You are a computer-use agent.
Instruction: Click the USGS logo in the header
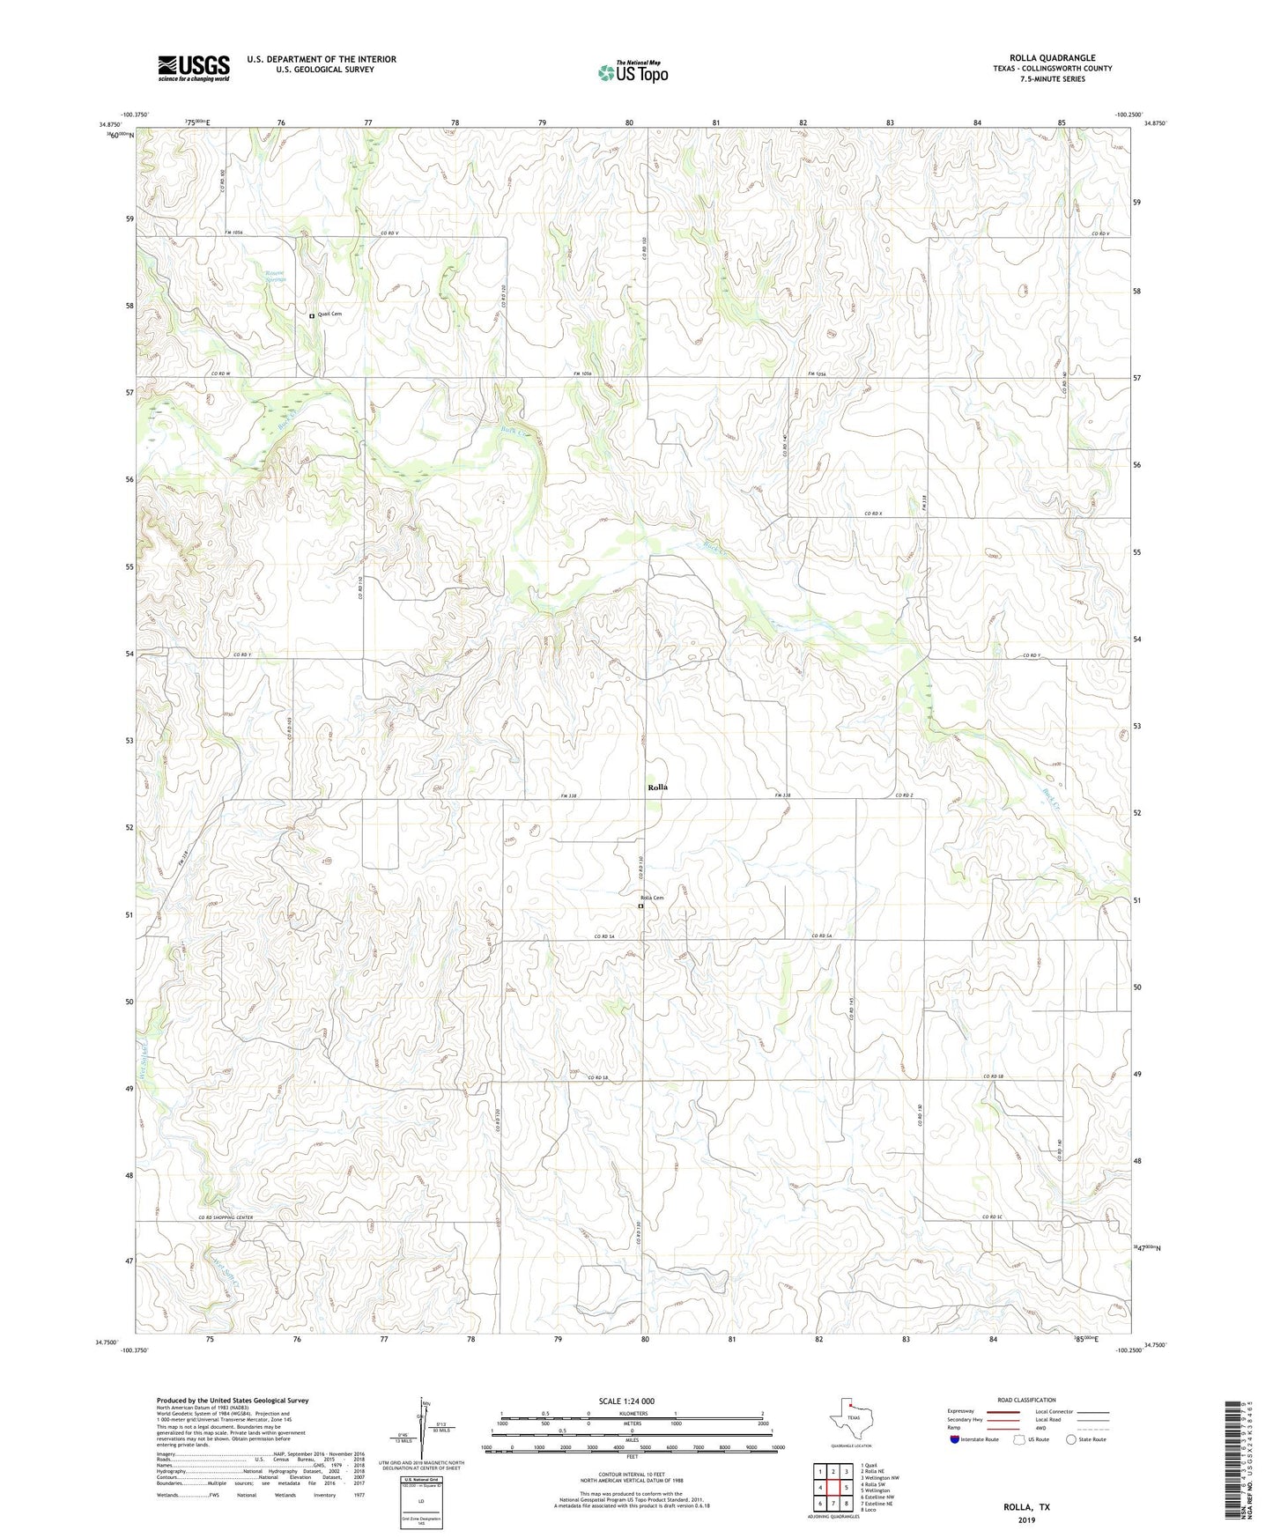click(x=194, y=68)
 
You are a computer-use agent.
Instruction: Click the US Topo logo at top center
click(x=633, y=71)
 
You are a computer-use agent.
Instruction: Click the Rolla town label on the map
click(x=657, y=787)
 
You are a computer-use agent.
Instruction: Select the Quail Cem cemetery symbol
click(x=312, y=315)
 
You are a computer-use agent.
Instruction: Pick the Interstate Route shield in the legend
click(x=955, y=1439)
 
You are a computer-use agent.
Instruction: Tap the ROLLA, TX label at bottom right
click(x=1026, y=1507)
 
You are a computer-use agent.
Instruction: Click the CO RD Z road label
click(x=904, y=795)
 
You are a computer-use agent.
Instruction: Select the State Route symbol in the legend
click(x=1071, y=1439)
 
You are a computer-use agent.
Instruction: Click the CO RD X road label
click(x=872, y=514)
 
